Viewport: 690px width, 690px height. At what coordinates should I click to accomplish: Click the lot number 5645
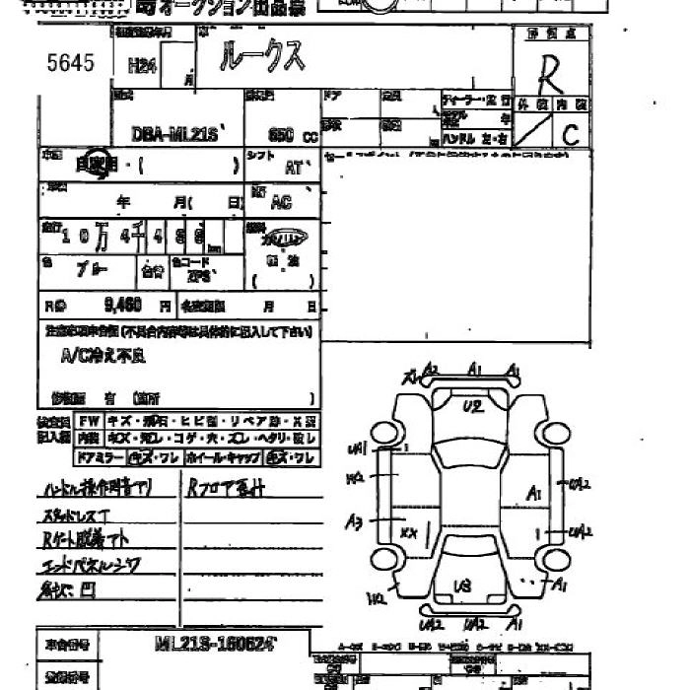70,63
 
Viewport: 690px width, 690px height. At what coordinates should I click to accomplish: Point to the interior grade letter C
571,135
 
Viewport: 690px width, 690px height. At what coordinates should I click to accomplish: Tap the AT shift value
294,168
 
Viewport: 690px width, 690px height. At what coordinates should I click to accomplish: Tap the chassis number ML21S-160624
217,644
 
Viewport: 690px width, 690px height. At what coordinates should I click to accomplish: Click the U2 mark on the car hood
472,406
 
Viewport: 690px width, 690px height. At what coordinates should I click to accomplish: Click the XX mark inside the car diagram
410,532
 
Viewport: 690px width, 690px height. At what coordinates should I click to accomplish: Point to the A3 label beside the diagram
354,519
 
